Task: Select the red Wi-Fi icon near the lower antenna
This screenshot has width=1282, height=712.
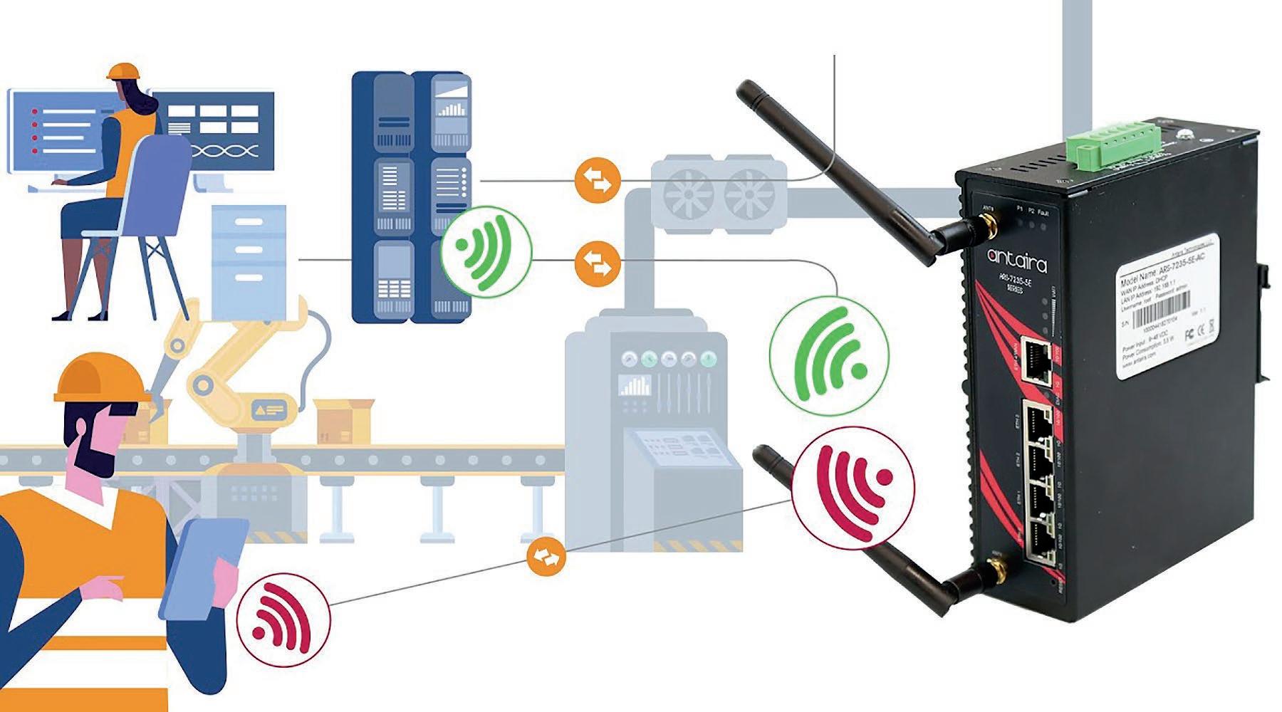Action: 853,481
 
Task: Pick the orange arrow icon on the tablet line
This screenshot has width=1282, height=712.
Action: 546,557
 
